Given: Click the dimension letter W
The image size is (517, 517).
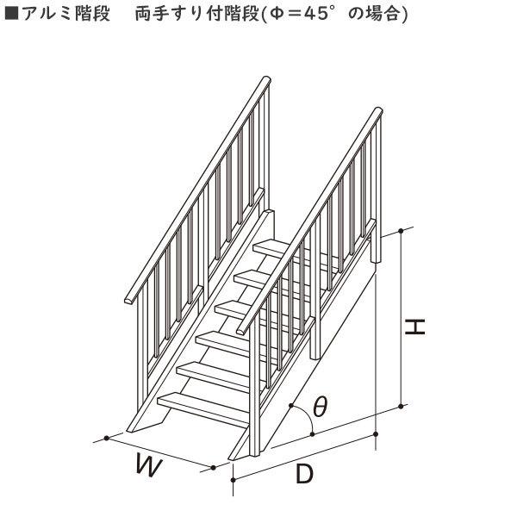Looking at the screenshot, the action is point(149,465).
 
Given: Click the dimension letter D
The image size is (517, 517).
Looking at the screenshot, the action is point(304,473).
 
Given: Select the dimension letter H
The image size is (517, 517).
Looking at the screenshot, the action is point(414,327).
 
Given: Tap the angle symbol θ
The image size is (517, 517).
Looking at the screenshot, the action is point(320,406).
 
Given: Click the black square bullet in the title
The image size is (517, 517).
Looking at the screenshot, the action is point(11,14).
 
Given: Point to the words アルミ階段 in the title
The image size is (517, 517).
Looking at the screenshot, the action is point(65,14).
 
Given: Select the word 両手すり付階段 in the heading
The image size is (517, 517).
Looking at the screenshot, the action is point(196,14).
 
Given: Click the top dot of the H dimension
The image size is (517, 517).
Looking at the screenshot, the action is point(401,231).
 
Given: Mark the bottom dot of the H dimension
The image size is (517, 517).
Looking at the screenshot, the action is point(401,406).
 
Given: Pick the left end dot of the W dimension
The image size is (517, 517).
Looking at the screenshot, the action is point(106,438).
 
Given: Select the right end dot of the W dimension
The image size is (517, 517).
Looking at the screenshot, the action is point(213,468).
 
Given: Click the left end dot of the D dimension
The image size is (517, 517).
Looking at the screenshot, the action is point(234,480).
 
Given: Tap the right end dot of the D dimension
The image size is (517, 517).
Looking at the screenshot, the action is point(377,434).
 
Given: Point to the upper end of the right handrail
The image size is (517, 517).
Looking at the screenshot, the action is point(378,111).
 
